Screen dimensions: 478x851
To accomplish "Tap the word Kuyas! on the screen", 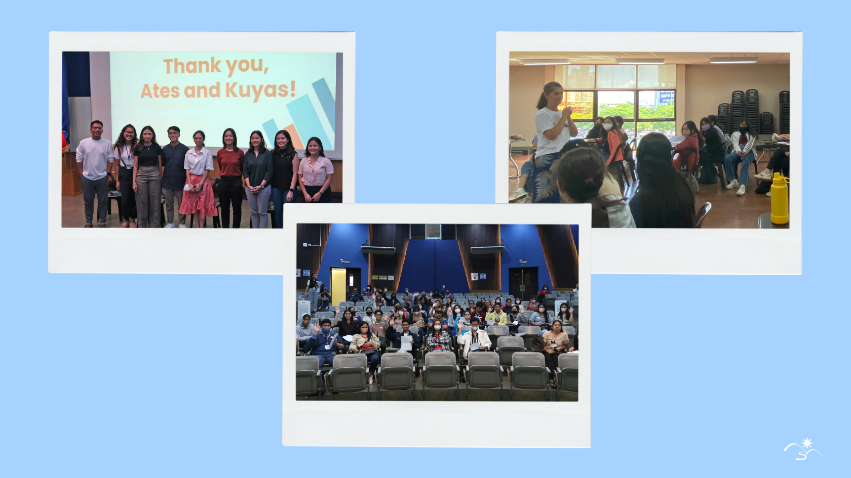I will (x=260, y=90).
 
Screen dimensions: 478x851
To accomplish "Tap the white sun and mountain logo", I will (x=802, y=449).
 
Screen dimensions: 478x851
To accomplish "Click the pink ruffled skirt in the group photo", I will (x=198, y=195).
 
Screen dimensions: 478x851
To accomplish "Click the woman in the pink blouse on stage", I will (x=315, y=170).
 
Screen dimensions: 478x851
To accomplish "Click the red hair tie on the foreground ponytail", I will (x=588, y=180).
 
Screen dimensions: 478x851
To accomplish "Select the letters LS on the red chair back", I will (x=683, y=167).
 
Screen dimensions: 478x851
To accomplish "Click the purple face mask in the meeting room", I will (x=706, y=128).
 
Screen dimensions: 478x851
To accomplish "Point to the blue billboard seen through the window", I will (x=667, y=96).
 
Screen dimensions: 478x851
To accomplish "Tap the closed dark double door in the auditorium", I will (x=523, y=282).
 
